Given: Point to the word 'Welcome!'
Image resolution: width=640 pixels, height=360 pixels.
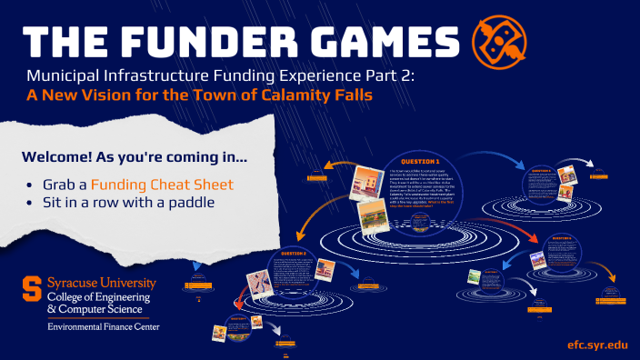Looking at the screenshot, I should pos(61,156).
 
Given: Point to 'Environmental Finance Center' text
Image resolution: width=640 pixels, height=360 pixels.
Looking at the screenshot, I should pos(104,325).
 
